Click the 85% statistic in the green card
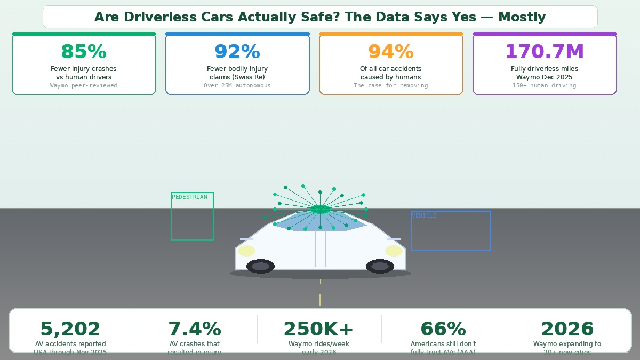[x=84, y=52]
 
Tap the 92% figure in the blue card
[x=237, y=52]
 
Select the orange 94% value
[x=391, y=52]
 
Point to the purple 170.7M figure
[x=545, y=52]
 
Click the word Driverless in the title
[x=161, y=17]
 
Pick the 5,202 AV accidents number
[x=70, y=329]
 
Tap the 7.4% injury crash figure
[x=195, y=329]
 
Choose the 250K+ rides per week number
[x=319, y=329]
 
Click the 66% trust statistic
[x=443, y=329]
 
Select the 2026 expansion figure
[x=567, y=329]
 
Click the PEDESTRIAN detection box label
[x=189, y=197]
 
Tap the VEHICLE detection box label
[x=424, y=216]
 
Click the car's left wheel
[x=260, y=266]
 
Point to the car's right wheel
[x=380, y=266]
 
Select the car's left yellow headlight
[x=246, y=251]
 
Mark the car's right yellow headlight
[x=394, y=251]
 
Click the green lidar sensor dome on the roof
[x=320, y=209]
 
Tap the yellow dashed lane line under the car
[x=320, y=300]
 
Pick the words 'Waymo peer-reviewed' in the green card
[x=84, y=85]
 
